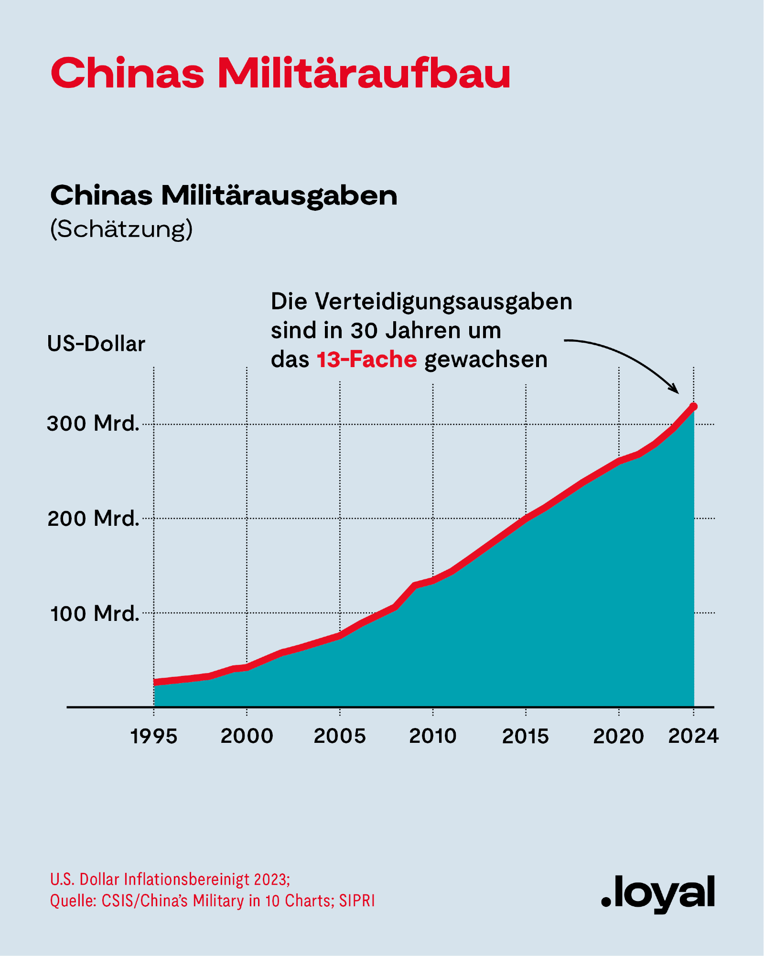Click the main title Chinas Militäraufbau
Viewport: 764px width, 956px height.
280,74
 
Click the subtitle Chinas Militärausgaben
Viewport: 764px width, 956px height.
224,196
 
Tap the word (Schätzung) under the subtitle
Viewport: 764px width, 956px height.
121,229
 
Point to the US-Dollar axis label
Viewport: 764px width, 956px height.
96,344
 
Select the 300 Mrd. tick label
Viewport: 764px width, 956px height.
93,424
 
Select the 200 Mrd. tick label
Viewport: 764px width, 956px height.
93,519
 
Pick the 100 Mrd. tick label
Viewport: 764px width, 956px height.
95,613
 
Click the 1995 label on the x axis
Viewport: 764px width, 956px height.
154,737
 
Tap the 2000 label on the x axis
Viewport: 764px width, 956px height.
247,737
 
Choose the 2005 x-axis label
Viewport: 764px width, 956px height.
340,737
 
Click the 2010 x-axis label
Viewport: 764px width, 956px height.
433,737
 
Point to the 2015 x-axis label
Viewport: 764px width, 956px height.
526,737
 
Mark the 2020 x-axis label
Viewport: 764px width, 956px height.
619,737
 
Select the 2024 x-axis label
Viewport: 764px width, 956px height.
693,737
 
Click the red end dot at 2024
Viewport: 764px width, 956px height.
694,407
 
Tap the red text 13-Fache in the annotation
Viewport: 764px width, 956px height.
366,359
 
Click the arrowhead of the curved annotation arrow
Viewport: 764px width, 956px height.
675,389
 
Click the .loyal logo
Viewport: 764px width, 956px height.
658,893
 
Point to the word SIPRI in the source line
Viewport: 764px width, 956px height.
357,901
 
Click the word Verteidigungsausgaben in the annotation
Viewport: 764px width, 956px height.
443,302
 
